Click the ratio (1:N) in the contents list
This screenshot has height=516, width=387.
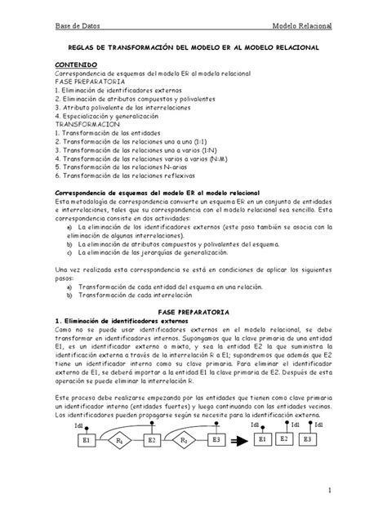pyautogui.click(x=201, y=149)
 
